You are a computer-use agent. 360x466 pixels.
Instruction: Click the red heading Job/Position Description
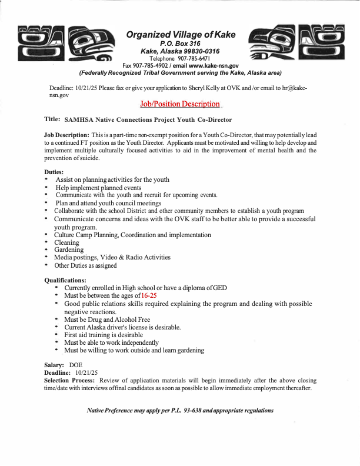(179, 104)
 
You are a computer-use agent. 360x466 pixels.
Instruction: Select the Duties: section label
(55, 172)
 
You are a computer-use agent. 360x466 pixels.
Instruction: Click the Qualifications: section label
(65, 280)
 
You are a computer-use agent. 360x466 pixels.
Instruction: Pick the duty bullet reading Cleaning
(66, 242)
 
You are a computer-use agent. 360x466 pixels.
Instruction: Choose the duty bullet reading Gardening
(69, 250)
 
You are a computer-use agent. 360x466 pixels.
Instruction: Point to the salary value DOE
(76, 365)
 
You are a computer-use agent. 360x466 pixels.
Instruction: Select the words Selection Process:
(70, 381)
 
